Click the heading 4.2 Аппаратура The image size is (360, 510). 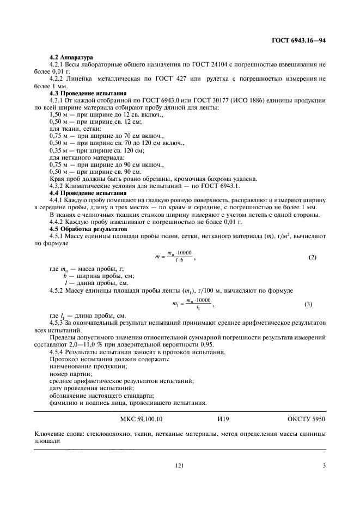click(71, 57)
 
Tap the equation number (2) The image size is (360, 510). click(312, 257)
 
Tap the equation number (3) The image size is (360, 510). click(308, 303)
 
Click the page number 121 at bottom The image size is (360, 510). click(179, 465)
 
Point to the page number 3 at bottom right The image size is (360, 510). click(324, 465)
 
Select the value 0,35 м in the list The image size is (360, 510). click(58, 150)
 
